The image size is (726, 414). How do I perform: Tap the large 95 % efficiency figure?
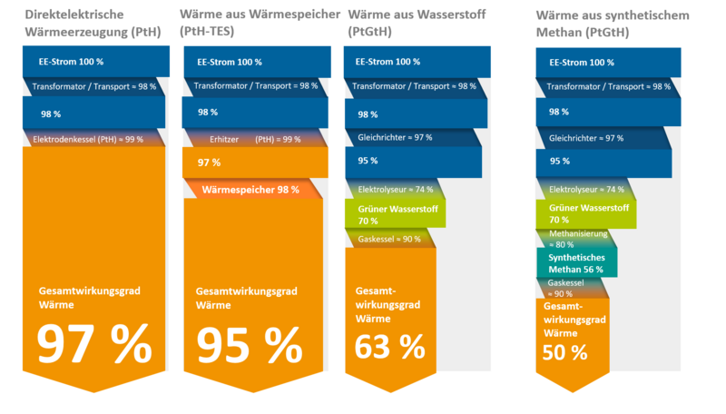coord(250,343)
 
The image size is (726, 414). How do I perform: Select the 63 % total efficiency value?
coord(389,346)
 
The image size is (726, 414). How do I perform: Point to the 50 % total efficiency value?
coord(564,351)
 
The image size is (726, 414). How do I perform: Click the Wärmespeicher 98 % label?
coord(250,190)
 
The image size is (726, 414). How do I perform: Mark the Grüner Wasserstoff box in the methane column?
coord(590,214)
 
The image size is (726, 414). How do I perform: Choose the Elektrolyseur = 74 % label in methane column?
coord(587,189)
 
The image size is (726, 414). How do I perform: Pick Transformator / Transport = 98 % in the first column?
coord(94,86)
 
